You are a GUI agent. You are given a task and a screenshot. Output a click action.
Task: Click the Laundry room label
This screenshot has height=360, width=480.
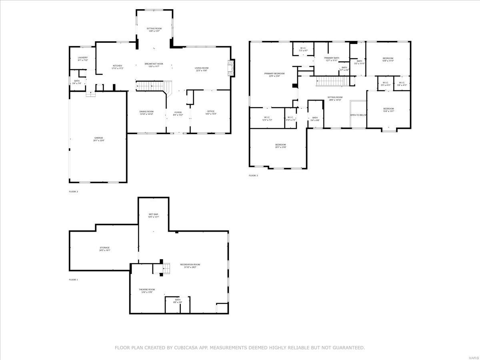pos(83,58)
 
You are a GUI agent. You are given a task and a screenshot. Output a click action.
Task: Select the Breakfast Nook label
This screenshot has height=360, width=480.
pos(154,64)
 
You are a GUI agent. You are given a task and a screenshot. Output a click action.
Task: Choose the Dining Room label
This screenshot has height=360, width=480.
pos(146,112)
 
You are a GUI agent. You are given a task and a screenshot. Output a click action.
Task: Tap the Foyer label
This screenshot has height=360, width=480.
pos(178,112)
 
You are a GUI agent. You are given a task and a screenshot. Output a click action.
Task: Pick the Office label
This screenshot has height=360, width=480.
pos(211,111)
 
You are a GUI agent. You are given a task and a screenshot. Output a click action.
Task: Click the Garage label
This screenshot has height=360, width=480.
pos(98,138)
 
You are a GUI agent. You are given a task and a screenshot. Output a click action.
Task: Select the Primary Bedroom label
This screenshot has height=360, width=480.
pos(274,74)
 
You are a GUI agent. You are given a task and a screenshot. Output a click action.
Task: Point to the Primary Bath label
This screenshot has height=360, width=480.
pos(332,58)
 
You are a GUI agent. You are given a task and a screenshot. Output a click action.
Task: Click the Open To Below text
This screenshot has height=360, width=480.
pos(358,115)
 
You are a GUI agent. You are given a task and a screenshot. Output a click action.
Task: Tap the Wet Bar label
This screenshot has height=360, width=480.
pos(154,215)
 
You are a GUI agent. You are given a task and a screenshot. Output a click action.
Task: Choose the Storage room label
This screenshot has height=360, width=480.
pos(105,248)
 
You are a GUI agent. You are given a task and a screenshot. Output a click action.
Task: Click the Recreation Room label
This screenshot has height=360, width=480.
pos(190,264)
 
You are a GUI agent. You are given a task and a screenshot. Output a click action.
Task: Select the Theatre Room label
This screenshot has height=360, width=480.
pos(147,290)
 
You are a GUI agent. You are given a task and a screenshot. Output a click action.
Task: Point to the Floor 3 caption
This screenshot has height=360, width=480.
pos(253,176)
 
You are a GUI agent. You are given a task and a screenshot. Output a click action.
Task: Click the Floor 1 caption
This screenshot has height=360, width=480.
pos(74,280)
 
